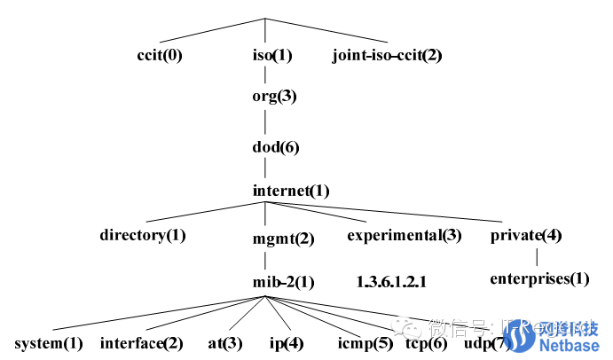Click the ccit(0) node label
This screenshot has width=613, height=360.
click(x=161, y=55)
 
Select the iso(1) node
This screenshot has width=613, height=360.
click(x=272, y=55)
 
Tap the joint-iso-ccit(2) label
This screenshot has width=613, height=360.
click(x=387, y=55)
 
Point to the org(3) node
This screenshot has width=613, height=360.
click(x=274, y=98)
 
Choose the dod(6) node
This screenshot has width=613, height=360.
click(x=276, y=147)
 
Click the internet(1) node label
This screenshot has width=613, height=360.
click(x=291, y=191)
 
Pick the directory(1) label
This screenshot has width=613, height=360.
click(x=143, y=235)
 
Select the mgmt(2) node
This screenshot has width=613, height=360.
click(x=284, y=239)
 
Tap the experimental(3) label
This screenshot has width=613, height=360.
click(x=405, y=235)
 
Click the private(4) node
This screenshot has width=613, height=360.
click(x=526, y=235)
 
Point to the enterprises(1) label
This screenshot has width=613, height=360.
click(x=539, y=278)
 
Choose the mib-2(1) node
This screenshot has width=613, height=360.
click(x=283, y=283)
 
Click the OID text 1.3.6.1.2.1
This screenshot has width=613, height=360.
click(x=392, y=282)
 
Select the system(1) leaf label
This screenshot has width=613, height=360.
click(x=49, y=343)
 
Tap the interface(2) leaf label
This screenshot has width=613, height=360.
click(x=142, y=343)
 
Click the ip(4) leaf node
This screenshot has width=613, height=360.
click(x=287, y=343)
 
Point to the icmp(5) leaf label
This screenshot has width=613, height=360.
click(x=365, y=343)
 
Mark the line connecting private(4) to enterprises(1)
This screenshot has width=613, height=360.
click(x=538, y=257)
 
